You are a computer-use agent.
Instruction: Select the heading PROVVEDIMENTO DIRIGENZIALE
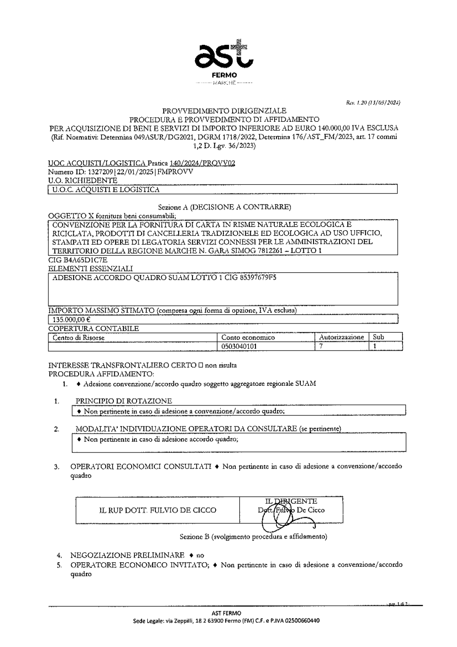pos(224,110)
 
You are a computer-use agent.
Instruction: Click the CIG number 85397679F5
pos(258,277)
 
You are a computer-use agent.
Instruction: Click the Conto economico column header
pos(248,338)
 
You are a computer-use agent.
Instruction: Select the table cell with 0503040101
pos(239,346)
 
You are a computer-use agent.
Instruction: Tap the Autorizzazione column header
pos(341,337)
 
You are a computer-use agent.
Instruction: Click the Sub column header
pos(378,337)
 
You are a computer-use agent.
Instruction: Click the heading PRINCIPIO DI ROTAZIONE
pos(124,401)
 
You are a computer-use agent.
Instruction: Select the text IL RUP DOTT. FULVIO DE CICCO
pos(158,510)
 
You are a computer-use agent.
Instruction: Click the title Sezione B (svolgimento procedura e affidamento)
pos(253,536)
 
